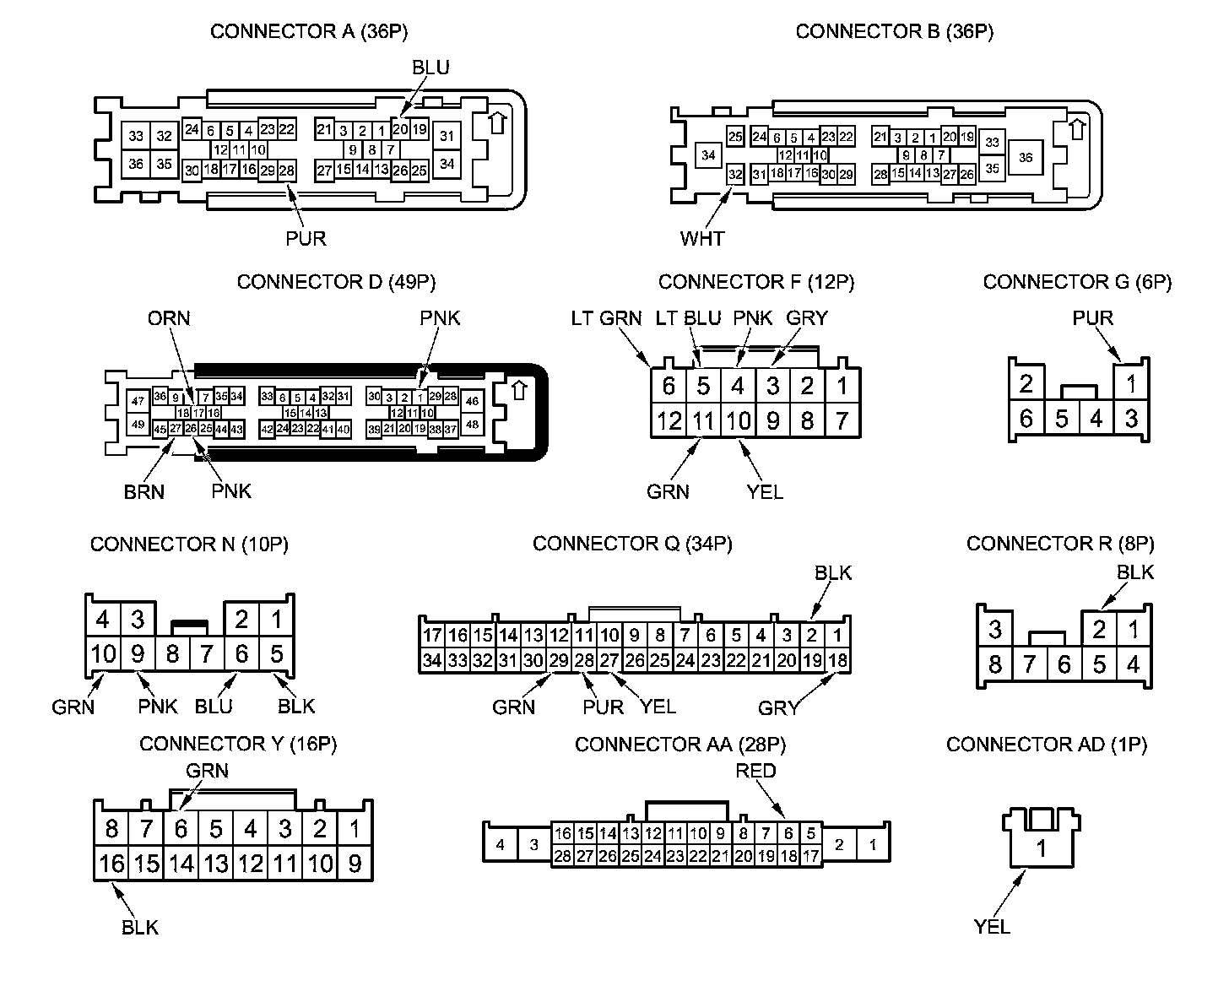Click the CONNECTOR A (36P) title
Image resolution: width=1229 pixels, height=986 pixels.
(309, 32)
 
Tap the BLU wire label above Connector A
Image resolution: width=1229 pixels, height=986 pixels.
(430, 68)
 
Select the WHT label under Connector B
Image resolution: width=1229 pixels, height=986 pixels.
(701, 239)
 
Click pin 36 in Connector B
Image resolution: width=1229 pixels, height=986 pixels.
(1026, 157)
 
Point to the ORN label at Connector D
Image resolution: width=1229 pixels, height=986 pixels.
(169, 318)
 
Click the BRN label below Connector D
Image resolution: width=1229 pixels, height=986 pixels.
(143, 492)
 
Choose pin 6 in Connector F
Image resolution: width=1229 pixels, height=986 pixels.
(669, 387)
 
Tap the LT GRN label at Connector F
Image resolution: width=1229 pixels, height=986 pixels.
(606, 318)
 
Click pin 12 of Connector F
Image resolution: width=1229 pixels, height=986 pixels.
(669, 420)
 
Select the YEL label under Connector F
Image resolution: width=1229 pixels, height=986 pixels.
(765, 492)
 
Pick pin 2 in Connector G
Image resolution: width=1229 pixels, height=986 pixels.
(1026, 385)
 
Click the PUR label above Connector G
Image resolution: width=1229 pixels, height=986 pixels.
(1092, 318)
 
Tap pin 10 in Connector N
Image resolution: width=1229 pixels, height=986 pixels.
(103, 654)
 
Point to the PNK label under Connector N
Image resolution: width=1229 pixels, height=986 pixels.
(158, 706)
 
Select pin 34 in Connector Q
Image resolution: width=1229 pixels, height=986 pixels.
(432, 660)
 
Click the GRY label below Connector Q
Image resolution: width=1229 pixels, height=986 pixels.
(777, 707)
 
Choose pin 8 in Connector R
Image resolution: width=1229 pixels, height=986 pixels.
(995, 664)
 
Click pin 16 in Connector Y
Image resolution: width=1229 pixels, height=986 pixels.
(111, 864)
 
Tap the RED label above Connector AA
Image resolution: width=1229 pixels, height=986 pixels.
(755, 771)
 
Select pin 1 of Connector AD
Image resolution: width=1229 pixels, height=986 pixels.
(1042, 848)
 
